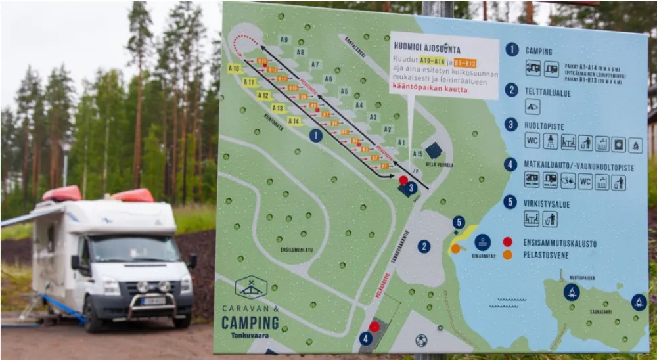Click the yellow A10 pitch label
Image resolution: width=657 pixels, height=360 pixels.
click(x=235, y=68)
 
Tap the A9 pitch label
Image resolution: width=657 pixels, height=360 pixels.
click(x=284, y=40)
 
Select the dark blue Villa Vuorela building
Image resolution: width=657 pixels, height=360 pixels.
click(x=433, y=150)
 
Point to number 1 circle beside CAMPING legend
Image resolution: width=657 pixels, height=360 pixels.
click(x=512, y=49)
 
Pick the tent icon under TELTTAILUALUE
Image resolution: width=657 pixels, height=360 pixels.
click(x=532, y=106)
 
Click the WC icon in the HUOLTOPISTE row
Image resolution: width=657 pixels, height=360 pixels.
click(x=532, y=141)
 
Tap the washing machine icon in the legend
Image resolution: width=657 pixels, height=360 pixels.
click(x=618, y=143)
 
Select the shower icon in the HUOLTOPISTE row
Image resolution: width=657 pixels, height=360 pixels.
click(x=550, y=141)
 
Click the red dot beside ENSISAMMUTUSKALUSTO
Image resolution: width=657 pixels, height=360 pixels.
click(x=507, y=242)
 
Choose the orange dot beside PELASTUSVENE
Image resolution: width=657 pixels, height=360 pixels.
click(x=507, y=255)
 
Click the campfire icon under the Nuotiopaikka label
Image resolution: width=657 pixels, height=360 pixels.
click(x=571, y=292)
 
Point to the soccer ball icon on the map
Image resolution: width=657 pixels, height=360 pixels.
click(x=421, y=340)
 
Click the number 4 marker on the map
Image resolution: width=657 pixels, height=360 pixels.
click(x=366, y=339)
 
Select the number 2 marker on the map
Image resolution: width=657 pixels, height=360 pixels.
click(x=424, y=246)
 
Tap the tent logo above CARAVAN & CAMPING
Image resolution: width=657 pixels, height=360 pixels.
click(x=251, y=287)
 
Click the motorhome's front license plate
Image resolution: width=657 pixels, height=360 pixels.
click(x=154, y=301)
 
